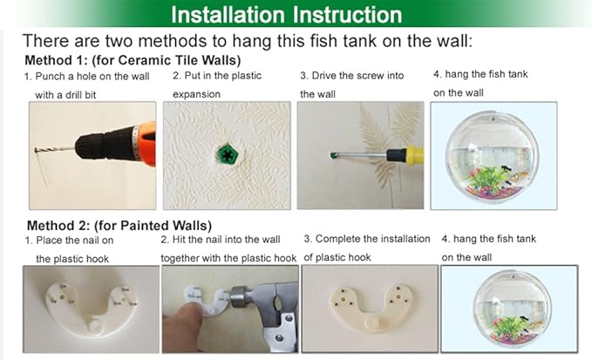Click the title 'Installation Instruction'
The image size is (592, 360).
pos(287,15)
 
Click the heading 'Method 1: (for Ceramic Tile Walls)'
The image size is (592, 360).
pos(133,60)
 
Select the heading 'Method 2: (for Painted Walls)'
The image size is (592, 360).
pos(119,225)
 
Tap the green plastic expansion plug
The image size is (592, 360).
pos(227,154)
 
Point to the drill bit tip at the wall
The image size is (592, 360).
pos(36,151)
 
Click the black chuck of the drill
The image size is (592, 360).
pos(105,144)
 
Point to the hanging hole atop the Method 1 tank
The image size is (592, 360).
pos(493,119)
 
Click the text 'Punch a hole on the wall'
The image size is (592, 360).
pos(92,76)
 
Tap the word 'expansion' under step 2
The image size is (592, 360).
pos(196,94)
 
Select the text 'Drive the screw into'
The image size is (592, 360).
pos(357,76)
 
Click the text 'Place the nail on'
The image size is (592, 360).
pos(75,241)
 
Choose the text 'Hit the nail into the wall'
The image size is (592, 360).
pos(226,239)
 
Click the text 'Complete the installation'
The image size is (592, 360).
pos(372,239)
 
